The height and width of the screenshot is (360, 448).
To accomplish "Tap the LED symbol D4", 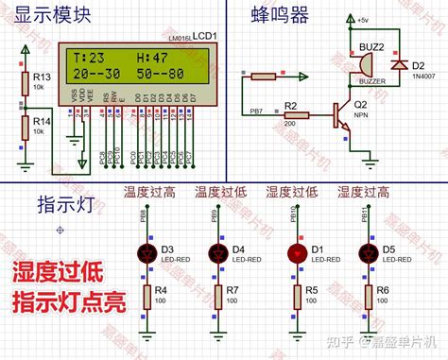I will pyautogui.click(x=219, y=254).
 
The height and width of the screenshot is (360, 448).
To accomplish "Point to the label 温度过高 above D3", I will pyautogui.click(x=148, y=194).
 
